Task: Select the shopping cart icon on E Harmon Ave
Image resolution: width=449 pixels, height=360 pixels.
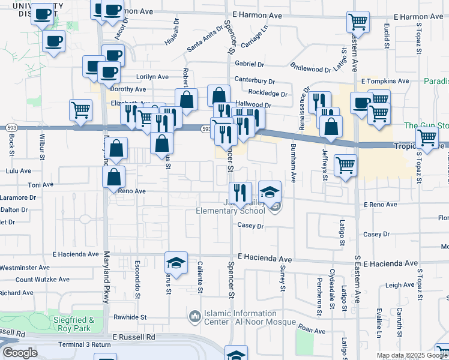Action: [x=357, y=23]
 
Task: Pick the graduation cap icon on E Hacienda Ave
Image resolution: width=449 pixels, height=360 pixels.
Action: [x=176, y=262]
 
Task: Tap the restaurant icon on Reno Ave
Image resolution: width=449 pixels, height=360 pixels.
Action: [x=239, y=193]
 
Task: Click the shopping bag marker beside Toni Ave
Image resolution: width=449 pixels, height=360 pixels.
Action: [x=113, y=178]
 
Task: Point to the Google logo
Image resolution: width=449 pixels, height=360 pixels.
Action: [x=19, y=353]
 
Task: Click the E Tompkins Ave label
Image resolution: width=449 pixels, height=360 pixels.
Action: [x=384, y=81]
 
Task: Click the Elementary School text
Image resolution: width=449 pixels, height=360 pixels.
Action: [x=231, y=211]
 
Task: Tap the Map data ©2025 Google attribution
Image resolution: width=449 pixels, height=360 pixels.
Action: [x=412, y=355]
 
